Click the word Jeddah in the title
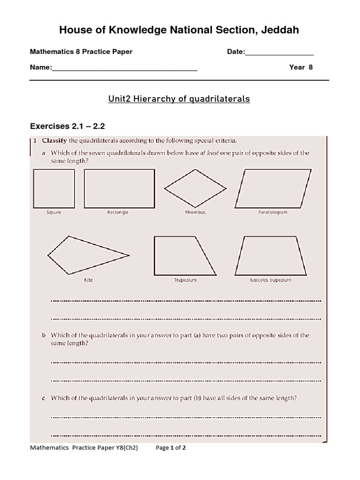pyautogui.click(x=279, y=30)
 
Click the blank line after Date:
pyautogui.click(x=279, y=52)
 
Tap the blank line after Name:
pyautogui.click(x=124, y=68)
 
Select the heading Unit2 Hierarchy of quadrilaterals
pyautogui.click(x=179, y=99)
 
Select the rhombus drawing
pyautogui.click(x=195, y=188)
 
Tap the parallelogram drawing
pyautogui.click(x=273, y=188)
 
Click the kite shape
pyautogui.click(x=84, y=255)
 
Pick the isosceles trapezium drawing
pyautogui.click(x=270, y=255)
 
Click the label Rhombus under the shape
pyautogui.click(x=195, y=212)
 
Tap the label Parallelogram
pyautogui.click(x=273, y=212)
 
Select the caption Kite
pyautogui.click(x=88, y=280)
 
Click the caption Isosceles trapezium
pyautogui.click(x=270, y=280)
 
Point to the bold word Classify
pyautogui.click(x=54, y=140)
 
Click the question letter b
pyautogui.click(x=44, y=335)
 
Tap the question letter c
pyautogui.click(x=44, y=398)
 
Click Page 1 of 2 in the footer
pyautogui.click(x=171, y=448)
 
